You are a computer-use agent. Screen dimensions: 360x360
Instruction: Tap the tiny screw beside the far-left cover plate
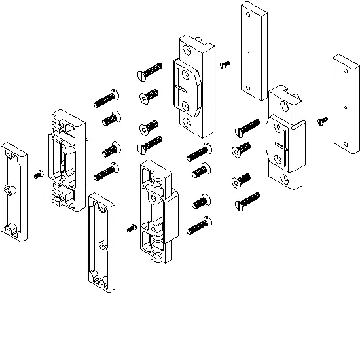pos(39,175)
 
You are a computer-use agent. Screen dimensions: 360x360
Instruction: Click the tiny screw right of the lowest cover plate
pos(130,228)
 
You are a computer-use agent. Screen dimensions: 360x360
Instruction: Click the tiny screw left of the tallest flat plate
pos(226,64)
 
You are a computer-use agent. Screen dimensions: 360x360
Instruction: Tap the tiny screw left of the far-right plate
pos(322,120)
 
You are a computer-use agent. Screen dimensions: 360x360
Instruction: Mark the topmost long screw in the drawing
pos(149,71)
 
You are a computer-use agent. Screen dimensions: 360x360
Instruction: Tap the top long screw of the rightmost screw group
pos(247,126)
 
